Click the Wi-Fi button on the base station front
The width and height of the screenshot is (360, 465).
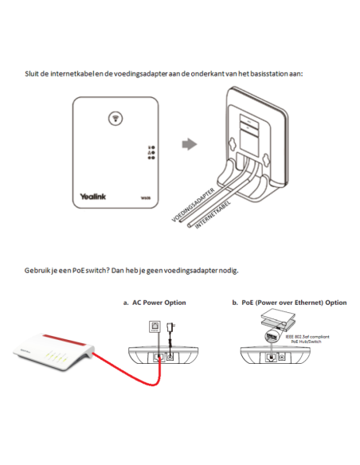[116, 117]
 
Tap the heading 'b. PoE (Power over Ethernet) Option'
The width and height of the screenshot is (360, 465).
[289, 303]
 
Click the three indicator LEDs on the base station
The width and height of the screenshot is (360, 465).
[149, 153]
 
